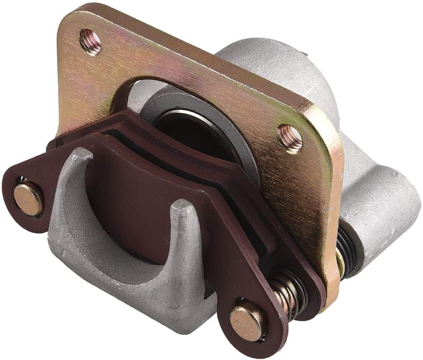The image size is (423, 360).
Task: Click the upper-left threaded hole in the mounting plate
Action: tap(90, 41)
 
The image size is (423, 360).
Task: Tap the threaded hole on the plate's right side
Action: tap(290, 137)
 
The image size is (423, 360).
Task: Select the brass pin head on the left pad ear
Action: tap(28, 199)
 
